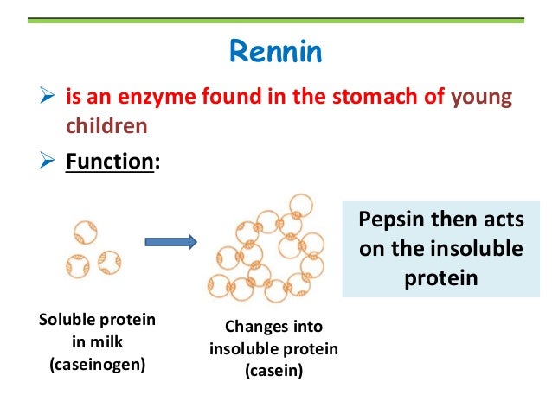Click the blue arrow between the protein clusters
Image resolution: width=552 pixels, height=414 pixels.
coord(169,243)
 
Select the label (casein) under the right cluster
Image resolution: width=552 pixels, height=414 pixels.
coord(273,372)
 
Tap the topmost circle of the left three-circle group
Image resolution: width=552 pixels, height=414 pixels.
coord(85,232)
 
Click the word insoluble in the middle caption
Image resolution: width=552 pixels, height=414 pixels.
coord(241,349)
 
